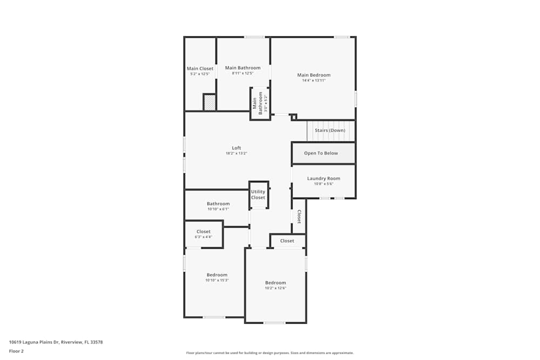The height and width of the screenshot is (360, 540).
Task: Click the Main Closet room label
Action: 200,69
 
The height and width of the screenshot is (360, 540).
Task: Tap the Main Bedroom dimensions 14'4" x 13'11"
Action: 314,80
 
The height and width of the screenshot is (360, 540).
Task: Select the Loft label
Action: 237,148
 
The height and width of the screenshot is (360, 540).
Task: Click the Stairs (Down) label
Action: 330,131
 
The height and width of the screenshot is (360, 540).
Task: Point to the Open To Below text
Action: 321,153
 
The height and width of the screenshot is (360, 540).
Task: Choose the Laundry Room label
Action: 323,179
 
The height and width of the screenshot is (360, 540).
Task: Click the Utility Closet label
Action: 258,195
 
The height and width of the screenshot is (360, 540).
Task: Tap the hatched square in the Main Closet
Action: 210,102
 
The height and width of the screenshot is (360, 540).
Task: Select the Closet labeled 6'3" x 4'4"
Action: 204,236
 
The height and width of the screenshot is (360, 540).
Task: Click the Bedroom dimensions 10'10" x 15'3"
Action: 217,280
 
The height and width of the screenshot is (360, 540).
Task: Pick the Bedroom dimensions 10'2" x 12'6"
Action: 275,288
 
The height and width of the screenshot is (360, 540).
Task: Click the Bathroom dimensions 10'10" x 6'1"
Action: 218,209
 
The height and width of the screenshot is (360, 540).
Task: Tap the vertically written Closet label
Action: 299,216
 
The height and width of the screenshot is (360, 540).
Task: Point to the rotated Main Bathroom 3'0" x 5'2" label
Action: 260,103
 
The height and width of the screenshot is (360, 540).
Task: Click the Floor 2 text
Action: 16,351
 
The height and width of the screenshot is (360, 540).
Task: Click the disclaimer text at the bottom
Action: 270,353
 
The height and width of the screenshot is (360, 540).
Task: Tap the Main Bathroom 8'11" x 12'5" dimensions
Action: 242,73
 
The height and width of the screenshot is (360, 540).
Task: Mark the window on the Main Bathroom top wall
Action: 254,37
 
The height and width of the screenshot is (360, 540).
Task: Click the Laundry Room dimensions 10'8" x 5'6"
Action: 323,184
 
